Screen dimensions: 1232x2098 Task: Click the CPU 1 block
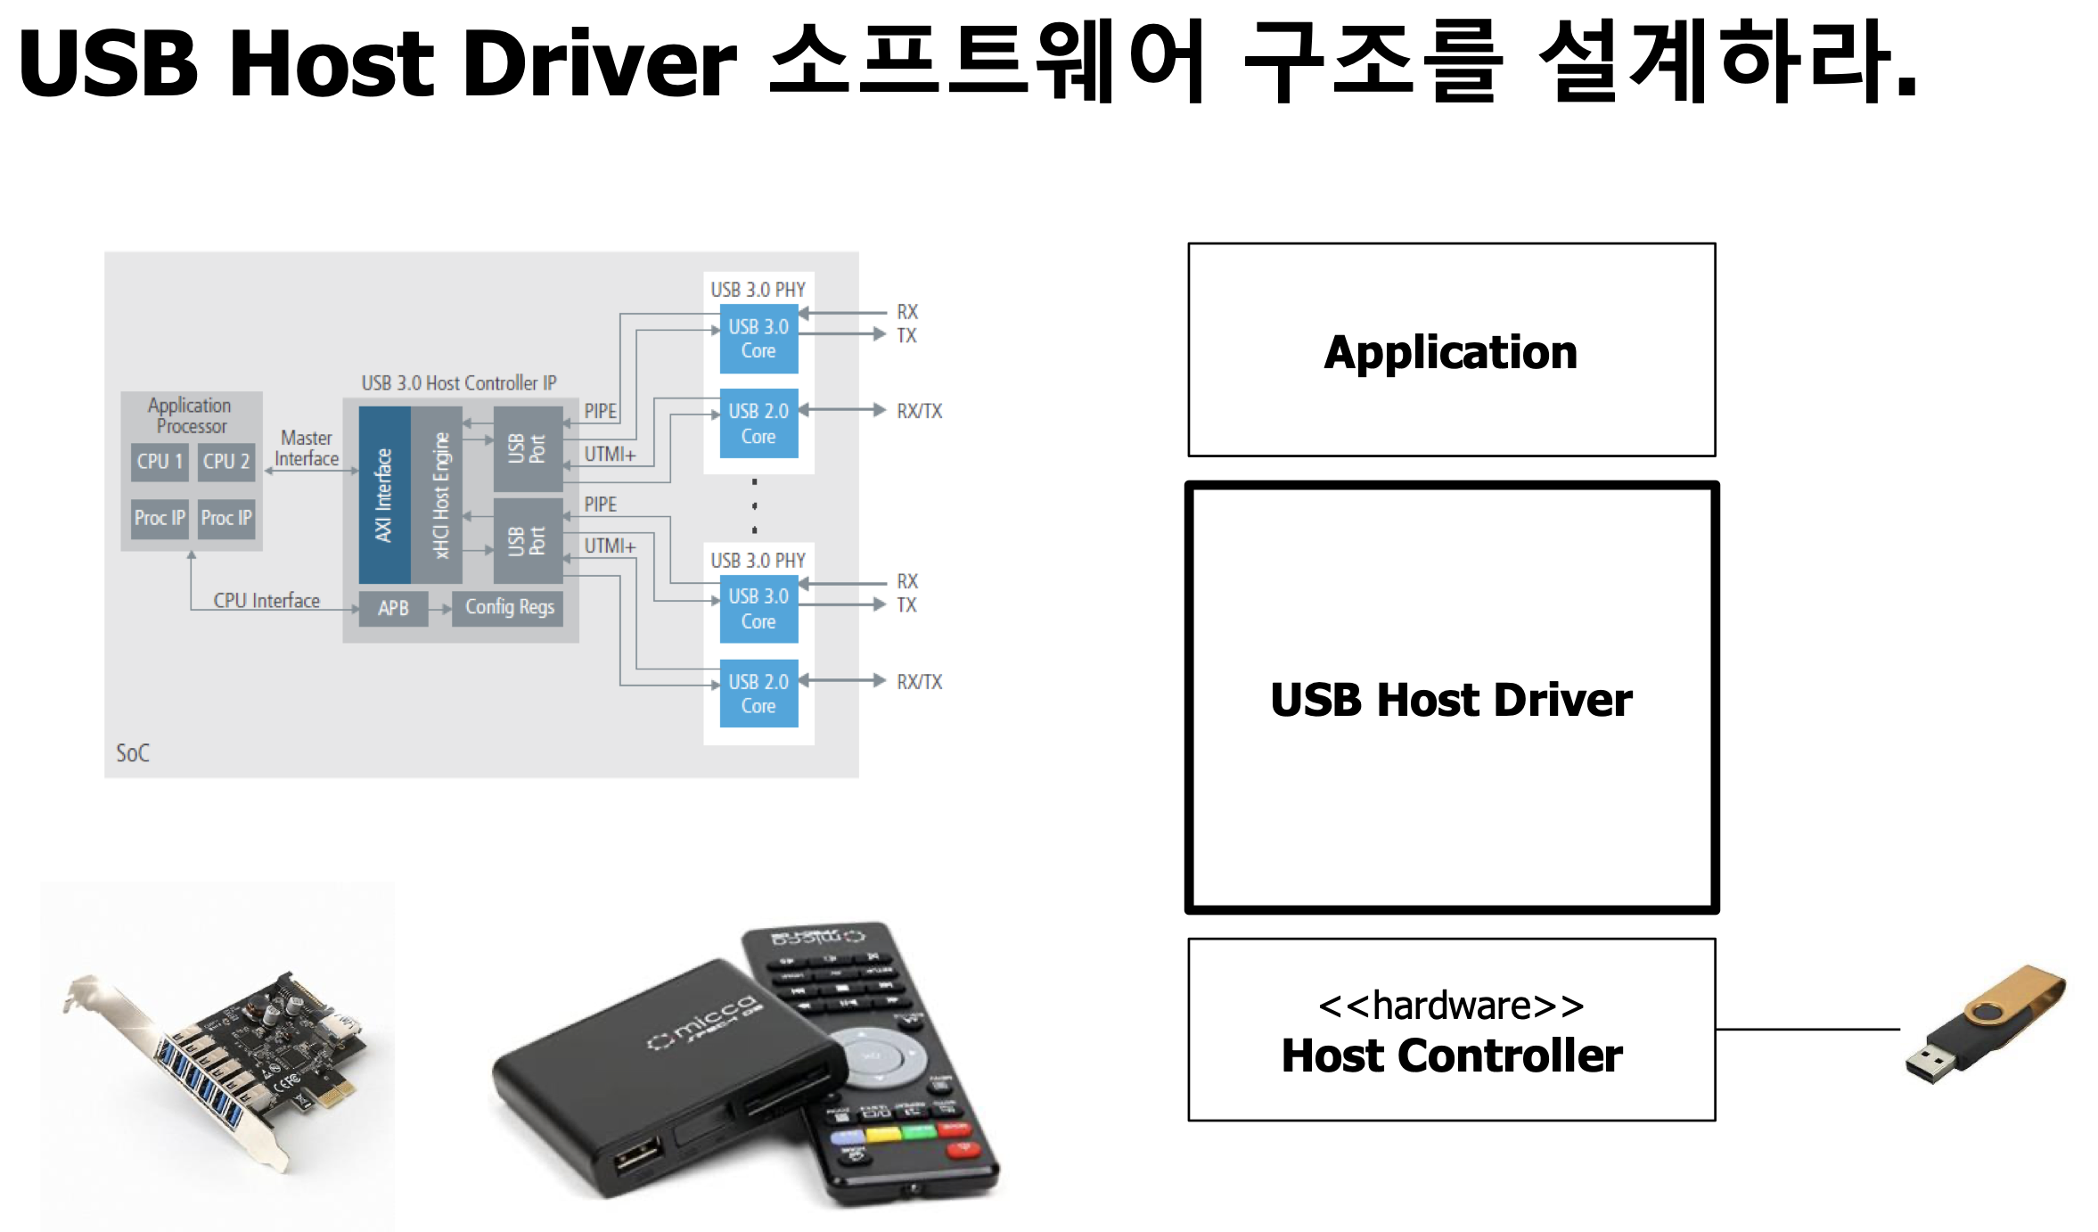(160, 462)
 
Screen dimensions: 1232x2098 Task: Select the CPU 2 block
(225, 462)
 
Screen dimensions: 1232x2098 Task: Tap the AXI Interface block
(384, 495)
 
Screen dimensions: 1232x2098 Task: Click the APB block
(393, 608)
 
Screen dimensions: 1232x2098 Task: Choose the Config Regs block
(509, 607)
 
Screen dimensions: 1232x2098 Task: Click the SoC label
(133, 753)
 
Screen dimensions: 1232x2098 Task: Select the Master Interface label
(307, 448)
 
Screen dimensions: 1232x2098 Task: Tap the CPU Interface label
(266, 601)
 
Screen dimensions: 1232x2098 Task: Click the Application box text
(1450, 352)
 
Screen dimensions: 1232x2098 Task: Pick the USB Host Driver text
(1451, 700)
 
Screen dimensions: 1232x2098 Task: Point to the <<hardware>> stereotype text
(1451, 1006)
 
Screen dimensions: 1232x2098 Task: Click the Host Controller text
(1451, 1056)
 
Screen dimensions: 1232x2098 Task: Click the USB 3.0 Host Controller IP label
(458, 383)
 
